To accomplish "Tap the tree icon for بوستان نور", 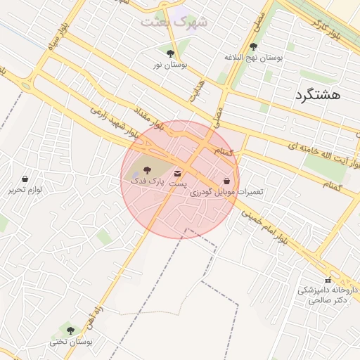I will (x=169, y=53).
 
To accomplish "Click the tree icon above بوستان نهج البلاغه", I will (x=253, y=46).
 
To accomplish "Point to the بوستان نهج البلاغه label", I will (x=253, y=58).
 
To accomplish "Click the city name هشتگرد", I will (x=318, y=95).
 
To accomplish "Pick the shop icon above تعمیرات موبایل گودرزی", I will (x=226, y=181).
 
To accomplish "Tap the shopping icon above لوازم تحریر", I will (x=25, y=179).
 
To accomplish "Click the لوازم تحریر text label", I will (x=26, y=190).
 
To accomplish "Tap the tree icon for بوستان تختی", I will (x=70, y=330).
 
